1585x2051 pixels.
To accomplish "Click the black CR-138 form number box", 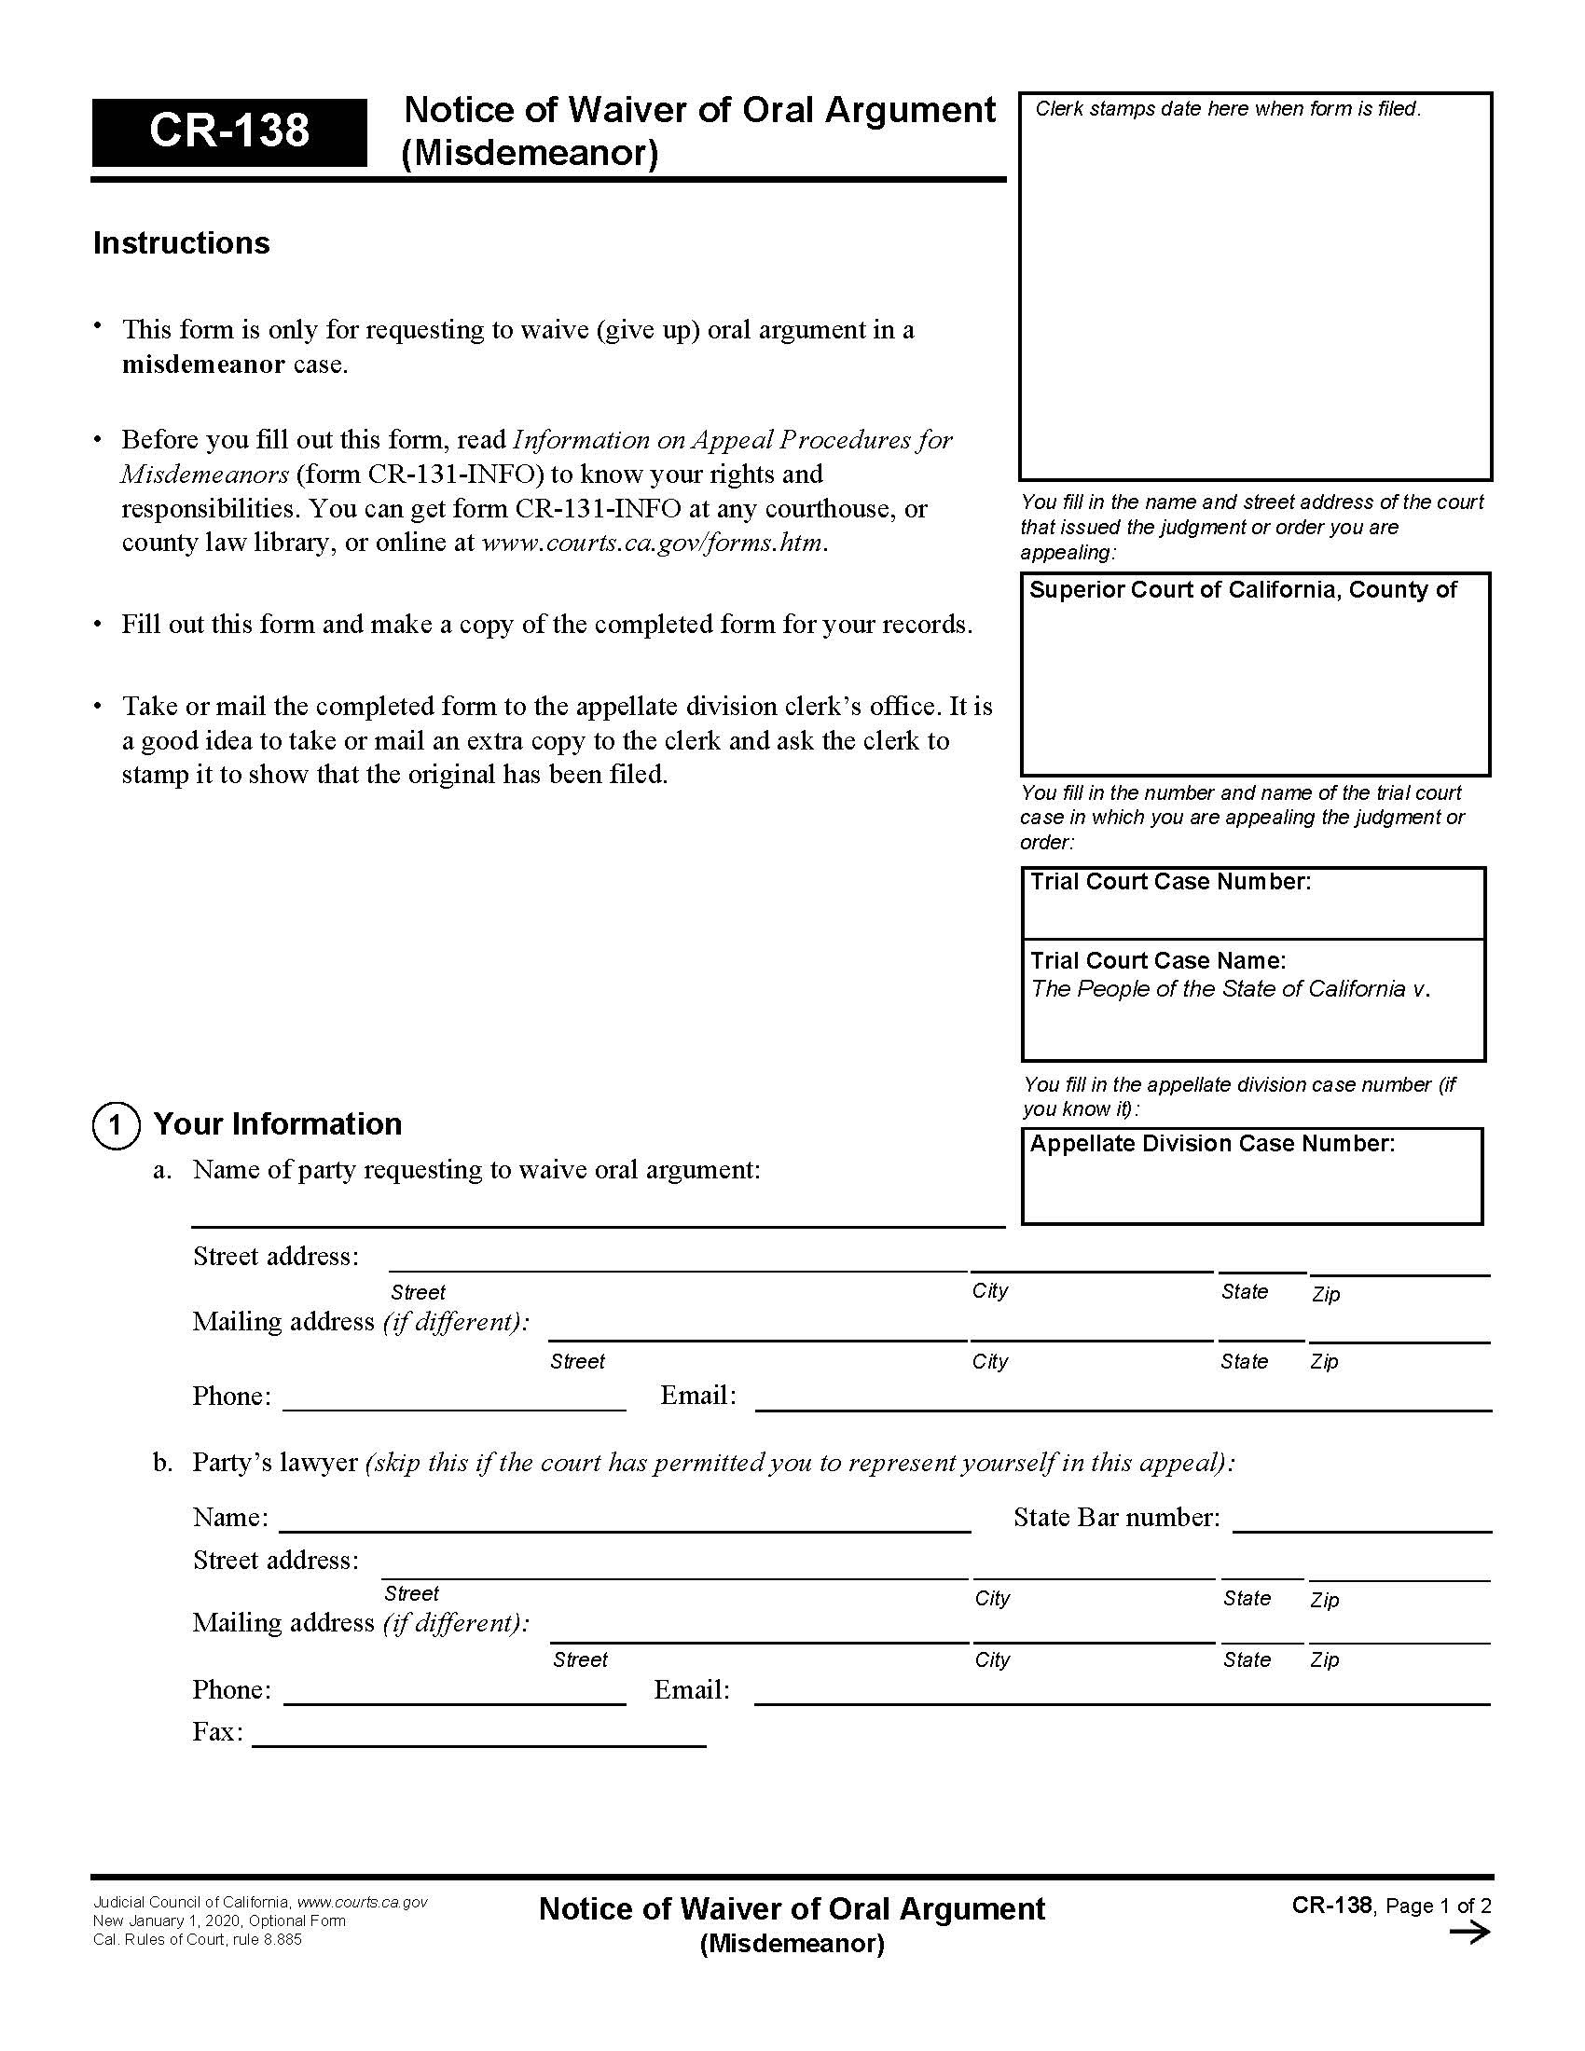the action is (228, 131).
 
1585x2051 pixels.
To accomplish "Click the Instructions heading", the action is (181, 243).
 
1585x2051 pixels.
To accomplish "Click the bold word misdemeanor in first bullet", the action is (203, 365).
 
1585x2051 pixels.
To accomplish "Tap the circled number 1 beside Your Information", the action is (116, 1124).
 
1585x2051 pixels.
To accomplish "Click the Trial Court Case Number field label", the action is (1170, 882).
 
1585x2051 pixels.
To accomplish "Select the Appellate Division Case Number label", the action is (1212, 1144).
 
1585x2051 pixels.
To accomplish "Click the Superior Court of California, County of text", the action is (1242, 590).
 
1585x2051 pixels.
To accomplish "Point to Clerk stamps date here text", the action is (1227, 109).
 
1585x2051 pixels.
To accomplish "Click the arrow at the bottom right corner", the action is (1469, 1933).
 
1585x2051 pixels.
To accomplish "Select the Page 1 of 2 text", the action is (1438, 1906).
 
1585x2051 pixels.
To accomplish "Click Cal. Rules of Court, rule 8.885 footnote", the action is (197, 1939).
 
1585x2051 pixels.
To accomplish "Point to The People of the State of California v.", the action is (1230, 989).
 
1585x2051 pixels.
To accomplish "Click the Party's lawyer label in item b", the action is (274, 1462).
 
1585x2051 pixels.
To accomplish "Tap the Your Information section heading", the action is (277, 1124).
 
